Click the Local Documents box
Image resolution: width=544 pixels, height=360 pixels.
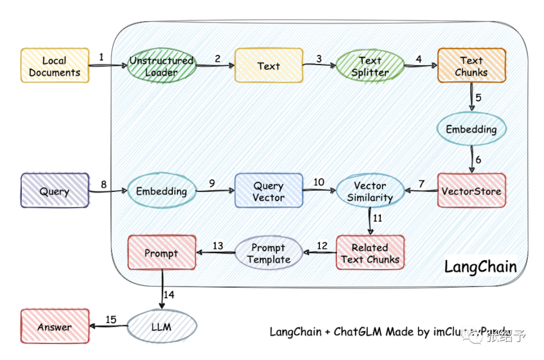(x=54, y=66)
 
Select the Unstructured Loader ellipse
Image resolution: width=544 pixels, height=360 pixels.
(x=161, y=66)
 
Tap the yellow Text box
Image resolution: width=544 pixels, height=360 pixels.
(x=268, y=65)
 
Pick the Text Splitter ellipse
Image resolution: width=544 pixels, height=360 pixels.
(x=370, y=66)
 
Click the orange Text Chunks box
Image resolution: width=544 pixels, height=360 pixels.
(x=471, y=66)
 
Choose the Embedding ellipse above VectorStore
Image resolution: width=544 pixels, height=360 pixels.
(x=471, y=129)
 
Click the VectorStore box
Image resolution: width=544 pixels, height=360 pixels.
(x=471, y=191)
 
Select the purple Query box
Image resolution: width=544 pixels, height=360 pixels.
(x=54, y=191)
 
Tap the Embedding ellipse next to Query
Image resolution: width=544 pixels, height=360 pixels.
(x=161, y=191)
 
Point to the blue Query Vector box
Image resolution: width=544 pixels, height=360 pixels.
(x=268, y=191)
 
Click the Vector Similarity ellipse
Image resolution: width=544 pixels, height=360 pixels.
(x=370, y=191)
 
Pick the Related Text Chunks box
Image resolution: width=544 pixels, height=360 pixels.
(x=370, y=253)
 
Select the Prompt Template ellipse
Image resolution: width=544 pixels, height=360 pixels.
(x=268, y=253)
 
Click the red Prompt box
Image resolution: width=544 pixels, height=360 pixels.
(x=161, y=253)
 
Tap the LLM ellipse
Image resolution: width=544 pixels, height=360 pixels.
(x=161, y=327)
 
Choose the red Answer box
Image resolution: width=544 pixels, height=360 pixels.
(x=54, y=327)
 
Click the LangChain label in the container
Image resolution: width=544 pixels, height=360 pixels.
(x=480, y=266)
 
